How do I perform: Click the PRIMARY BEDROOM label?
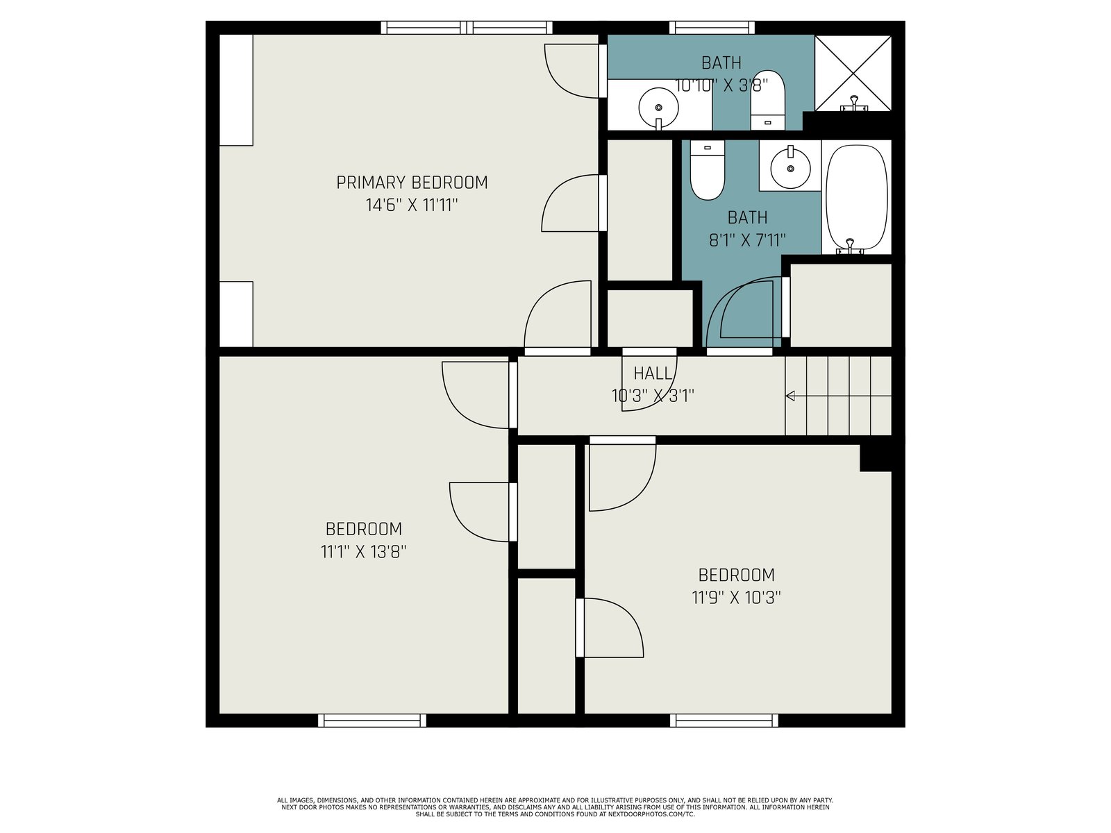(x=412, y=183)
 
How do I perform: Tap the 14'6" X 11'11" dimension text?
(x=412, y=205)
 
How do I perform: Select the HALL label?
(x=653, y=373)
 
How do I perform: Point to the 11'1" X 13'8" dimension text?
(x=363, y=551)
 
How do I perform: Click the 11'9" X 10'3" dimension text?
(x=737, y=598)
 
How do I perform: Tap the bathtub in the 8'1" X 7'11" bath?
(x=856, y=197)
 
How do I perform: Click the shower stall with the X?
(x=853, y=73)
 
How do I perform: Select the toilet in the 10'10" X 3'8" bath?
(x=768, y=100)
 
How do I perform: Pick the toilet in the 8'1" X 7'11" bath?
(x=708, y=170)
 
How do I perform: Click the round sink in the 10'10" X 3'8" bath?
(x=658, y=108)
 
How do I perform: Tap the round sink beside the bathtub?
(x=790, y=167)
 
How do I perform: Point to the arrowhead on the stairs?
(x=790, y=396)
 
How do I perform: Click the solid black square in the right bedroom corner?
(x=876, y=458)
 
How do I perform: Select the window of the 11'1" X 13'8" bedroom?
(x=372, y=721)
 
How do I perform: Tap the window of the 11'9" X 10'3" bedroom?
(x=724, y=721)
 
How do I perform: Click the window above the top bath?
(x=712, y=28)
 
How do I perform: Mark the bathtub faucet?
(x=851, y=246)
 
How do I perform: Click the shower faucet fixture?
(x=854, y=103)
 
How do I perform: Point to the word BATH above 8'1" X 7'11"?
(x=747, y=217)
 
